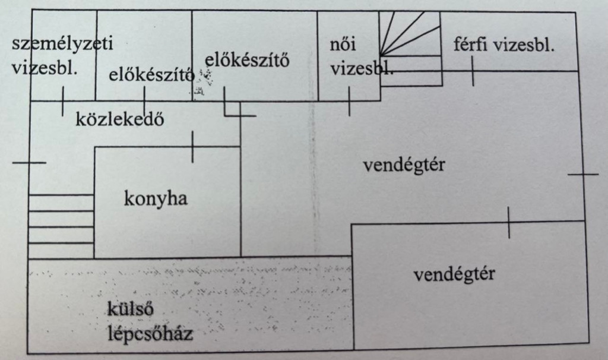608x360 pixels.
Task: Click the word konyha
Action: point(156,199)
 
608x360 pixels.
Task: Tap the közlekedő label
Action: point(119,119)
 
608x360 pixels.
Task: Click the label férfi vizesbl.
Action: point(503,45)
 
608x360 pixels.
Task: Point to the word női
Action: point(343,44)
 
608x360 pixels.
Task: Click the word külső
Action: point(130,308)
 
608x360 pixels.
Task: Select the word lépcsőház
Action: point(150,334)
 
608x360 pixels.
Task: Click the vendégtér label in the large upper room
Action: point(404,166)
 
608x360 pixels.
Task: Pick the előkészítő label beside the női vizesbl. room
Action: point(247,60)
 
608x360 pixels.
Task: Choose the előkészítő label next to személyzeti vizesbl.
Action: point(151,74)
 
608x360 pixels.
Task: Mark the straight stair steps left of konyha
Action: point(61,226)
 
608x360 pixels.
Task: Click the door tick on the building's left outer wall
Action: point(29,163)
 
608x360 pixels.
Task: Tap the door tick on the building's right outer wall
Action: point(583,175)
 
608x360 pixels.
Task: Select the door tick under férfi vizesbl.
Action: point(473,71)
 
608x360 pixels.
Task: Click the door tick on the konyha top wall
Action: point(193,147)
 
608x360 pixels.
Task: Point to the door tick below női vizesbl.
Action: point(349,101)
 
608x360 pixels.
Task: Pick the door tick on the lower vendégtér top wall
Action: point(509,222)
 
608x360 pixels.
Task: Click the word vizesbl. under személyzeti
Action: point(45,69)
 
